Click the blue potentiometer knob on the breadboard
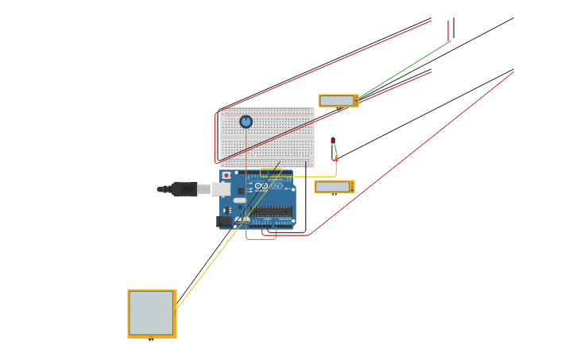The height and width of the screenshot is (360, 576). point(246,122)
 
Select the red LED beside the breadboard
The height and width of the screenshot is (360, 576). point(333,141)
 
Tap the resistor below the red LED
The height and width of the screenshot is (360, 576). point(336,157)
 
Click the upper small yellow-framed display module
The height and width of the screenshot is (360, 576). point(338,101)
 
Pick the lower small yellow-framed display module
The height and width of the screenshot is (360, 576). point(333,187)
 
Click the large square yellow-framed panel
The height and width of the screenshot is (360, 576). point(152,313)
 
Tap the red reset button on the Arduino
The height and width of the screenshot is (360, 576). point(226,176)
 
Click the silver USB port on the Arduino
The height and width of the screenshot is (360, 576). point(221,189)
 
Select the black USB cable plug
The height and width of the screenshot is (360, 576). point(184,189)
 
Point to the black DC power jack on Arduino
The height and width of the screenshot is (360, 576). point(224,221)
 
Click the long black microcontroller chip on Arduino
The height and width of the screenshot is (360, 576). point(272,211)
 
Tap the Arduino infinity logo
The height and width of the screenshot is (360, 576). point(261,187)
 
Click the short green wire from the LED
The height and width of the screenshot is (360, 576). point(334,150)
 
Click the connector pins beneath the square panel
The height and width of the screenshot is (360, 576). point(151,340)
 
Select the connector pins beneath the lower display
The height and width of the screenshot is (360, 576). point(334,195)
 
